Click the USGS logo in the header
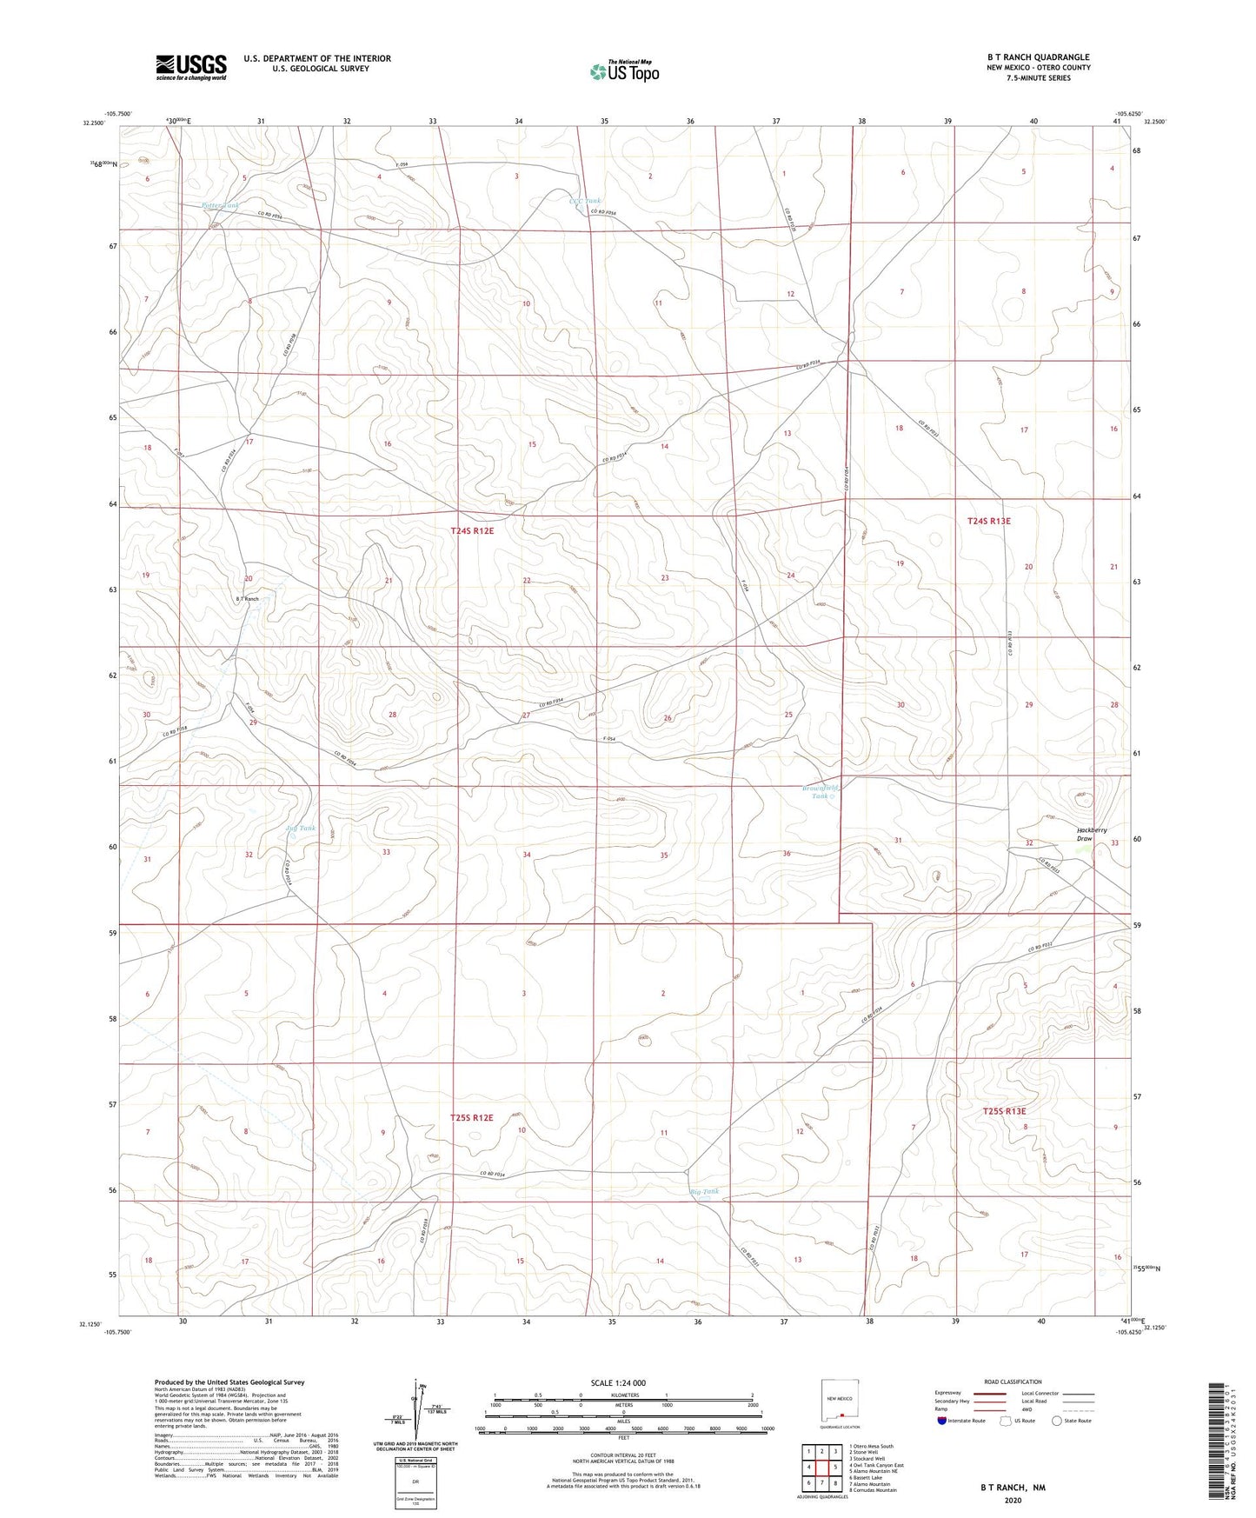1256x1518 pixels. tap(190, 67)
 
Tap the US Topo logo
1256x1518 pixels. tap(622, 71)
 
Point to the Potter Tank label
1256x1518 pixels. tap(219, 206)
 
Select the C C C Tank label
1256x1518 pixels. tap(584, 201)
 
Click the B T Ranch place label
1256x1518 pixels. tap(246, 599)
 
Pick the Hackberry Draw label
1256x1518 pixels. tap(1092, 834)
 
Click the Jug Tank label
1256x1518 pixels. tap(300, 828)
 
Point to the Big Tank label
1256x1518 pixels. tap(704, 1191)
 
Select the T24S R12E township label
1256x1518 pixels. tap(472, 530)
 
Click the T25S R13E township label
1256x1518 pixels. tap(1004, 1111)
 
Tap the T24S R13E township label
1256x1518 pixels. tap(989, 521)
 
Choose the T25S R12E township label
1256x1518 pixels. tap(472, 1118)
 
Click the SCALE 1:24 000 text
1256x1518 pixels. tap(619, 1382)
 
